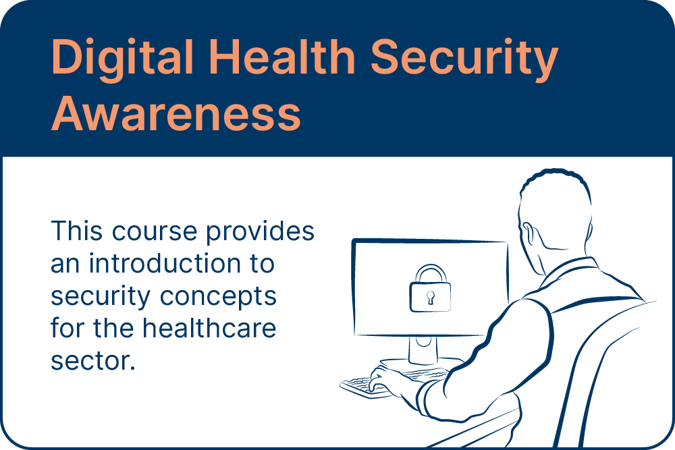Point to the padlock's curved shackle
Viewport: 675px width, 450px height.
(x=430, y=273)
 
